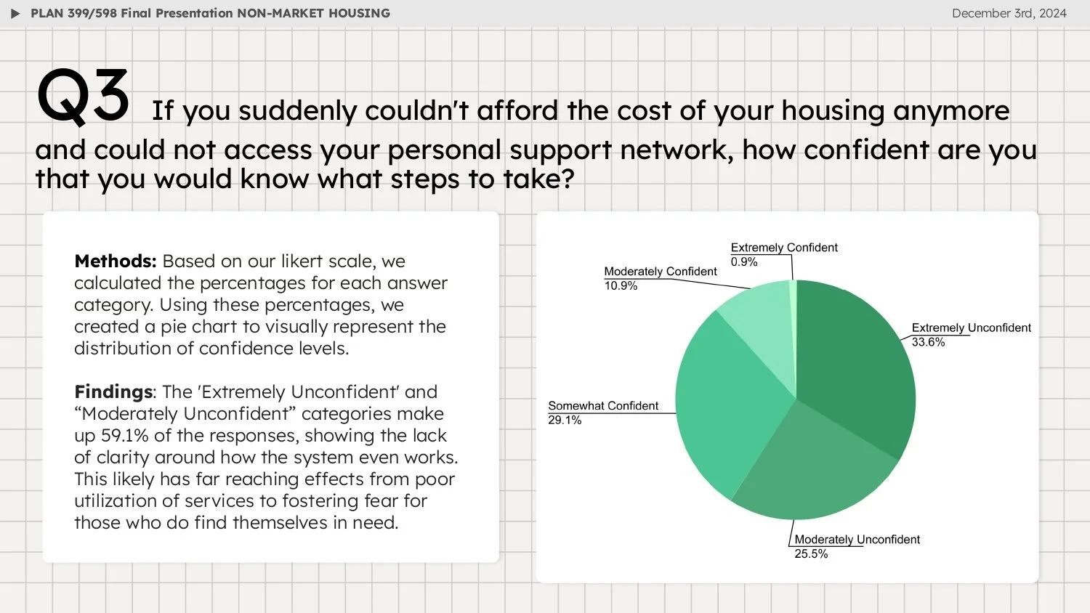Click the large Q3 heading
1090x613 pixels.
click(x=83, y=95)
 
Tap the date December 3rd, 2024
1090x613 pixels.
click(x=1009, y=13)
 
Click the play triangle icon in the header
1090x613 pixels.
click(x=15, y=14)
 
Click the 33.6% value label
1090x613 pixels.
click(x=928, y=342)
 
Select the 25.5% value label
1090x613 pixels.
click(x=811, y=553)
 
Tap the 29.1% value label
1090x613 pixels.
click(x=565, y=420)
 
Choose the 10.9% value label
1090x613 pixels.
click(x=621, y=285)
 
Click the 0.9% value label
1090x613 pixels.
click(x=744, y=261)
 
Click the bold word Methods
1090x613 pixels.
click(x=115, y=261)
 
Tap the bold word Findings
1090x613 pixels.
click(x=113, y=392)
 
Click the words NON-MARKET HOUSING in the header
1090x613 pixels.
click(x=313, y=13)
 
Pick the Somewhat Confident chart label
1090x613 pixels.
click(x=603, y=405)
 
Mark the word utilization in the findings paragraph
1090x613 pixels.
click(x=115, y=501)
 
